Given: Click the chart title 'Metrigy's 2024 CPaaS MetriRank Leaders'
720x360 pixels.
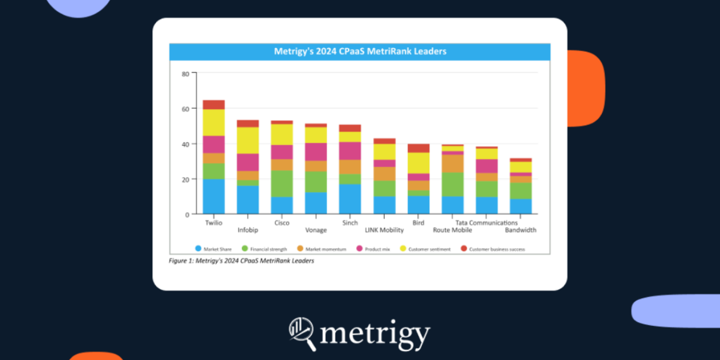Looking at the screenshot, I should pyautogui.click(x=359, y=51).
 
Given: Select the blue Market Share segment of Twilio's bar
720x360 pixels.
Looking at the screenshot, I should pyautogui.click(x=213, y=196).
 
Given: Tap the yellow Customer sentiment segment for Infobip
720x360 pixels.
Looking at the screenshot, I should pyautogui.click(x=248, y=140).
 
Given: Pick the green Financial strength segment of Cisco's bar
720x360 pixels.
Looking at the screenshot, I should pyautogui.click(x=282, y=183).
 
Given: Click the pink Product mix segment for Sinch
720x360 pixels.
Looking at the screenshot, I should pyautogui.click(x=350, y=150).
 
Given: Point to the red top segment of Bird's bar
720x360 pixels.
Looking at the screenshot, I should pyautogui.click(x=418, y=148).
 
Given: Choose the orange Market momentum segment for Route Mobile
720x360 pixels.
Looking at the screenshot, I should pyautogui.click(x=452, y=164).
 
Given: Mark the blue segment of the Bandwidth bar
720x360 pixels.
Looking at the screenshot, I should pyautogui.click(x=520, y=207).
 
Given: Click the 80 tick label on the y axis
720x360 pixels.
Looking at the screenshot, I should pyautogui.click(x=186, y=74).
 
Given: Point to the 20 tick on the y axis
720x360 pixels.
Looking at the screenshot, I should pyautogui.click(x=186, y=179).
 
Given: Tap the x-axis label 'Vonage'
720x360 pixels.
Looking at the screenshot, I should pyautogui.click(x=316, y=231).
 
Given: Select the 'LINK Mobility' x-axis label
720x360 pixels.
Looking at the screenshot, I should pyautogui.click(x=384, y=231).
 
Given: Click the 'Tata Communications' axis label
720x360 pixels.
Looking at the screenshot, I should pyautogui.click(x=486, y=223).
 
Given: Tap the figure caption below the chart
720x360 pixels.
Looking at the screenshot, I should pyautogui.click(x=242, y=261).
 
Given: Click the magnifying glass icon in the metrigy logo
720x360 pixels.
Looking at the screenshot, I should pyautogui.click(x=302, y=332).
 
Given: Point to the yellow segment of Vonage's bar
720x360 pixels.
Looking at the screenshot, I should pyautogui.click(x=316, y=135).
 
